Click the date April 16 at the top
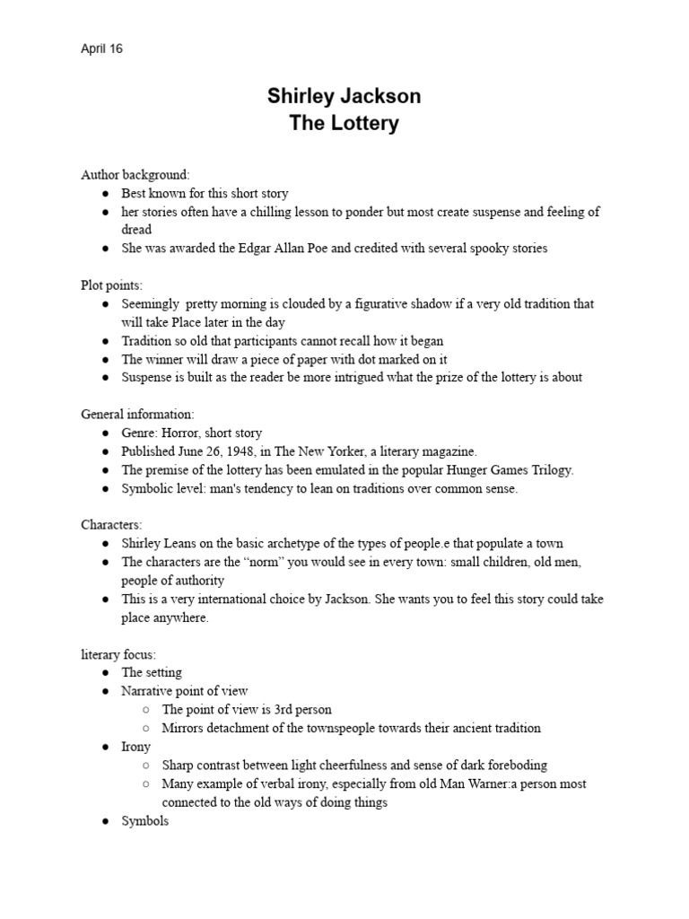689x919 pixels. [x=101, y=49]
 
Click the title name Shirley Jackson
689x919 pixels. [x=344, y=96]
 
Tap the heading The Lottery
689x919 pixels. [x=344, y=123]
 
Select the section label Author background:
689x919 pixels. [x=135, y=174]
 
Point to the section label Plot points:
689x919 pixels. [x=111, y=285]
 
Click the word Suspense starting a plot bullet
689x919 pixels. [x=148, y=377]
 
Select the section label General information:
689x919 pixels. [x=137, y=415]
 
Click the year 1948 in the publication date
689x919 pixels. [x=238, y=451]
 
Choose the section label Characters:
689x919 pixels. [x=111, y=525]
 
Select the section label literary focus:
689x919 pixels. [x=118, y=654]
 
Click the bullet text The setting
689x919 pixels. [x=152, y=672]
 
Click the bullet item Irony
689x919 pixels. [x=136, y=747]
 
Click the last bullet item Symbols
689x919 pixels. [x=144, y=821]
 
